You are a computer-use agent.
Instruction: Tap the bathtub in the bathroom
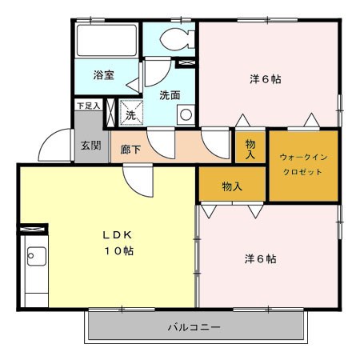pyautogui.click(x=106, y=40)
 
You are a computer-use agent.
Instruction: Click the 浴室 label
pyautogui.click(x=104, y=75)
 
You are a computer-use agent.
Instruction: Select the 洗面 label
pyautogui.click(x=170, y=95)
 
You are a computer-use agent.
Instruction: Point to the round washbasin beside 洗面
pyautogui.click(x=186, y=115)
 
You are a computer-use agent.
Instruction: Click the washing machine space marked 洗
pyautogui.click(x=131, y=113)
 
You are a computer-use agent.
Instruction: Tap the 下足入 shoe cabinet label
pyautogui.click(x=89, y=106)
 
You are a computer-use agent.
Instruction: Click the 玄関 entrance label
pyautogui.click(x=91, y=146)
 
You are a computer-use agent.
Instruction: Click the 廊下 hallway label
pyautogui.click(x=130, y=150)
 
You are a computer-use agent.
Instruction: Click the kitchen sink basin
pyautogui.click(x=37, y=256)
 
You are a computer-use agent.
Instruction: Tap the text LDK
pyautogui.click(x=118, y=235)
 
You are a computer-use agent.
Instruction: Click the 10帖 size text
pyautogui.click(x=118, y=251)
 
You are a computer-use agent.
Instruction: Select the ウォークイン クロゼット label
pyautogui.click(x=303, y=164)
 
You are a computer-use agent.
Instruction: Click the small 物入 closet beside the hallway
pyautogui.click(x=250, y=147)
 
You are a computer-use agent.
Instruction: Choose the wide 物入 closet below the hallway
pyautogui.click(x=232, y=184)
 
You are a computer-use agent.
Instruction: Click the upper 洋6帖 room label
pyautogui.click(x=266, y=79)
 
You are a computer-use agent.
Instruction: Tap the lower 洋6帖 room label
pyautogui.click(x=260, y=259)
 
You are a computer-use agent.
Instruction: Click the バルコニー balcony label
pyautogui.click(x=194, y=327)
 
